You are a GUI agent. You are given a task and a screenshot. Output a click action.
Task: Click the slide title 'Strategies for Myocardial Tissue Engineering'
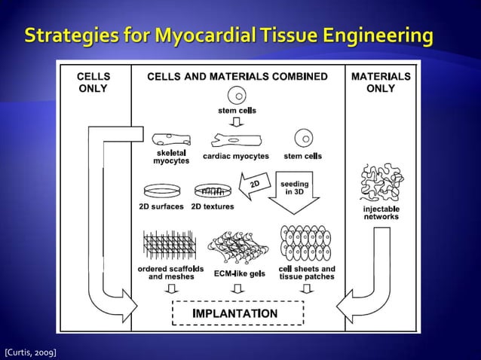pyautogui.click(x=230, y=35)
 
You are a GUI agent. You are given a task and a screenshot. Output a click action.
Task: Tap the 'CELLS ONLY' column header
pyautogui.click(x=93, y=82)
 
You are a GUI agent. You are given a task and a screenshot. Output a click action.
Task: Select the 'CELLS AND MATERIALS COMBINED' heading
pyautogui.click(x=237, y=77)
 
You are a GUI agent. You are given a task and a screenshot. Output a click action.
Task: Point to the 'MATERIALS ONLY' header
pyautogui.click(x=381, y=82)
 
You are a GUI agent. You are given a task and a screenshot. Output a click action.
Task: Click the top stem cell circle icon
pyautogui.click(x=237, y=96)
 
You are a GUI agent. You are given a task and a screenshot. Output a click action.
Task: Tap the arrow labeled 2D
pyautogui.click(x=254, y=185)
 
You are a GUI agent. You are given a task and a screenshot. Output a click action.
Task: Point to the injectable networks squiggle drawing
pyautogui.click(x=381, y=182)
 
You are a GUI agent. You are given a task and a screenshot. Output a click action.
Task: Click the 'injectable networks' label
pyautogui.click(x=381, y=212)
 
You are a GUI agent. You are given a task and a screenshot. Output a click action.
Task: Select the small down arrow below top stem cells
pyautogui.click(x=237, y=122)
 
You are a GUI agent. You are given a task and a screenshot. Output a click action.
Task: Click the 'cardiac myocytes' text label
pyautogui.click(x=236, y=156)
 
